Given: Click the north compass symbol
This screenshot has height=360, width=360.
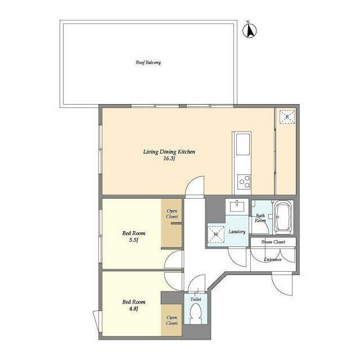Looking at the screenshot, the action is (250, 30).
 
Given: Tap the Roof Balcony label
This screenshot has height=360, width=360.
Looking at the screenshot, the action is (148, 62).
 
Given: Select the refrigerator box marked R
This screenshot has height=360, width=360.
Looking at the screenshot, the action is (287, 117).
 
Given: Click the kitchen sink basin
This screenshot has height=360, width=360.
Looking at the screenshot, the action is (243, 144).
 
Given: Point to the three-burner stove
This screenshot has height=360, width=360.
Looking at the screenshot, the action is (244, 181).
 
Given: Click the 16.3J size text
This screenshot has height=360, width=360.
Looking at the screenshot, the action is (169, 159).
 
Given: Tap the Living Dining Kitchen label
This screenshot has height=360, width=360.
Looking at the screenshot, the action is (169, 152).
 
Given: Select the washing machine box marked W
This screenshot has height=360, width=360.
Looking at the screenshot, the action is (216, 235).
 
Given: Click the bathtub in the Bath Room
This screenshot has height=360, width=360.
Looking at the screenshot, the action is (283, 218).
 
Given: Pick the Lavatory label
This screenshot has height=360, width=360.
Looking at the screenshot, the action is (237, 232).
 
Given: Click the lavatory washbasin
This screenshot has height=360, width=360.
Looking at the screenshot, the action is (237, 206).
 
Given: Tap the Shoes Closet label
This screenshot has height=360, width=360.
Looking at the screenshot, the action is (273, 242).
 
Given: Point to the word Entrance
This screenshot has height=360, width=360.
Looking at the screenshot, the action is (272, 260).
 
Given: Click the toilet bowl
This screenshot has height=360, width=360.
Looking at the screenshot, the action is (196, 313).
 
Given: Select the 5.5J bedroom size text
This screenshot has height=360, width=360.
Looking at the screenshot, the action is (134, 240).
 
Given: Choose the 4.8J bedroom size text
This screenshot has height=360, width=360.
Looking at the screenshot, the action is (134, 309).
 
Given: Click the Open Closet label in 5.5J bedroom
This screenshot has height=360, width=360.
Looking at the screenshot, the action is (172, 214).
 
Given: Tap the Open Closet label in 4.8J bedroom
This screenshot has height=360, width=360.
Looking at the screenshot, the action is (172, 320).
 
